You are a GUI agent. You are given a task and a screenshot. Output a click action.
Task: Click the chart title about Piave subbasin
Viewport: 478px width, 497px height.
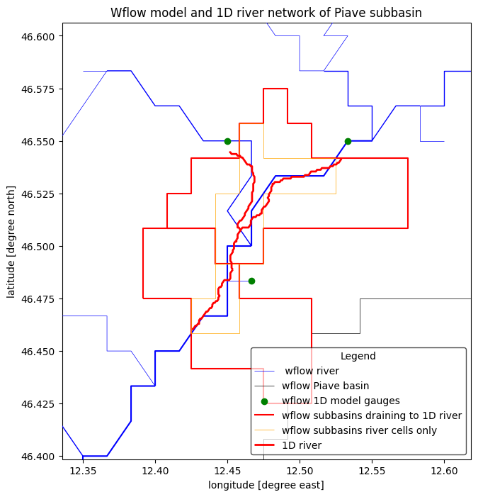tap(266, 13)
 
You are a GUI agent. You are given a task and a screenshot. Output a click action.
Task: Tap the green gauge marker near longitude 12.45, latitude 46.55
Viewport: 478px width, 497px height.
tap(227, 141)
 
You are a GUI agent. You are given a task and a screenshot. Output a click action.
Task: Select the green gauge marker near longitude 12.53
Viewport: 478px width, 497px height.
tap(348, 141)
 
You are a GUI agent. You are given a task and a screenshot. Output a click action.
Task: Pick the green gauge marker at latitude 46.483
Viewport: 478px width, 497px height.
tap(251, 281)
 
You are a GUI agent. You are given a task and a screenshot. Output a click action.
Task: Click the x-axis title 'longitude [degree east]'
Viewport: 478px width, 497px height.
tap(266, 485)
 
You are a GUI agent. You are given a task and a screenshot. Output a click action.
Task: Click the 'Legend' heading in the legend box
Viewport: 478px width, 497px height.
tap(358, 356)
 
